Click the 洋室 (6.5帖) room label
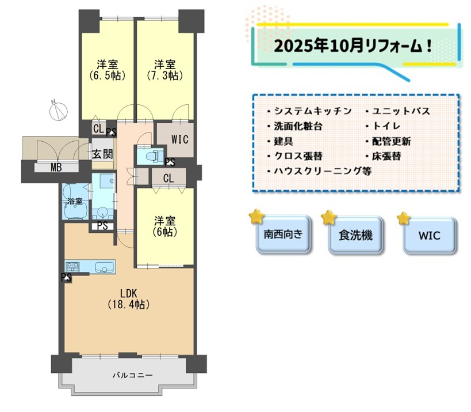[x=108, y=70]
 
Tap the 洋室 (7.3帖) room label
[x=165, y=70]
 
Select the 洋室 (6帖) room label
[x=165, y=226]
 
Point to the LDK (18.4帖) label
[x=129, y=299]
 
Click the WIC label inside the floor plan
[x=179, y=139]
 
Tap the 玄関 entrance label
[x=103, y=154]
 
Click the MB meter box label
[x=56, y=167]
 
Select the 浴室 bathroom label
[x=75, y=201]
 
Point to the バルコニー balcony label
[x=132, y=375]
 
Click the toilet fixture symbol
[x=152, y=156]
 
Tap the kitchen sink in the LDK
[x=105, y=267]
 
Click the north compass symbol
[x=58, y=111]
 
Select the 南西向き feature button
[x=283, y=234]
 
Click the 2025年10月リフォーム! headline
[x=353, y=46]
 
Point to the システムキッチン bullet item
[x=310, y=111]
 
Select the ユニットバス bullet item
[x=398, y=111]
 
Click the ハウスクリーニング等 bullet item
[x=320, y=171]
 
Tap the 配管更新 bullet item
[x=388, y=141]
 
